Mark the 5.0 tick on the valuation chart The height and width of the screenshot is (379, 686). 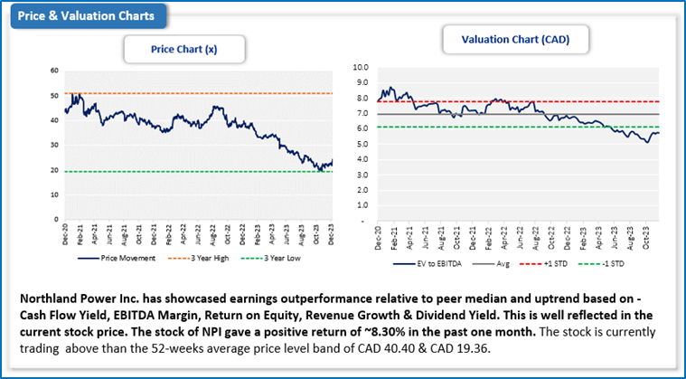pos(363,144)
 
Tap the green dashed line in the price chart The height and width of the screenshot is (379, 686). pos(181,172)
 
